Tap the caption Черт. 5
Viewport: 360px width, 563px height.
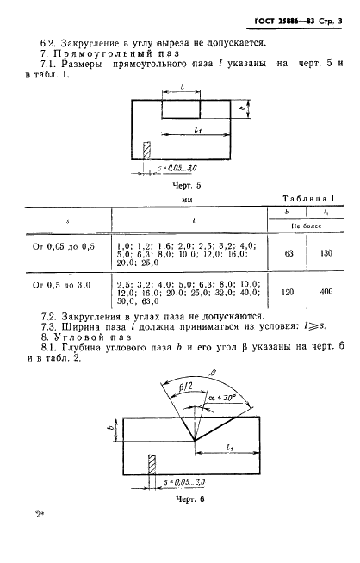[x=187, y=186]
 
